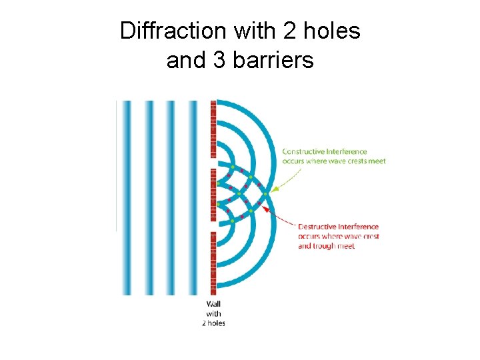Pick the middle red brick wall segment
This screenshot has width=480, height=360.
[x=213, y=195]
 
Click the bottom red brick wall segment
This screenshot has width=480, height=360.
[x=213, y=263]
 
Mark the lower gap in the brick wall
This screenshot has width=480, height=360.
[x=213, y=227]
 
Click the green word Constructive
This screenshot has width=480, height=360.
[x=304, y=152]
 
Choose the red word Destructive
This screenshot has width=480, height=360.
[x=319, y=227]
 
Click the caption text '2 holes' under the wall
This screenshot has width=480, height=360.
[x=213, y=323]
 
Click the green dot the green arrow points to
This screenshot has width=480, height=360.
[x=265, y=194]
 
